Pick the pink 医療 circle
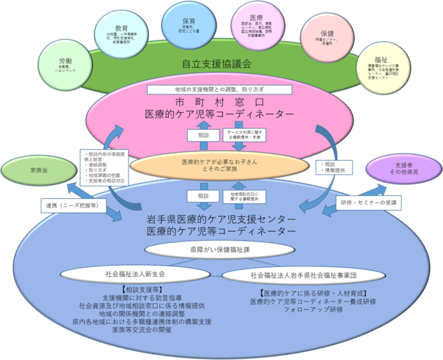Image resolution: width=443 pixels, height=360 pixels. (256, 26)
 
